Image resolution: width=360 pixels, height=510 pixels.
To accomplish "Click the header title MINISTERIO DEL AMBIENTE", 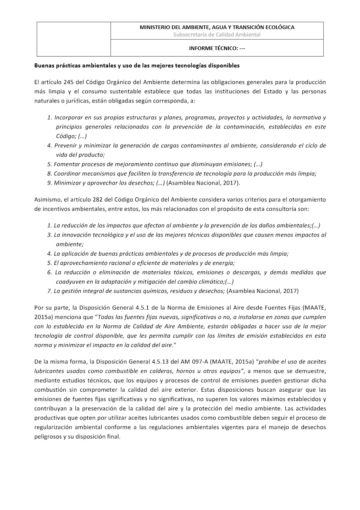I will tap(217, 27).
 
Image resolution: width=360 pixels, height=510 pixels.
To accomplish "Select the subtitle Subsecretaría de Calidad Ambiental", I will tap(217, 35).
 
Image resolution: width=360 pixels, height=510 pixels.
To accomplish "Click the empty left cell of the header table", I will tap(74, 39).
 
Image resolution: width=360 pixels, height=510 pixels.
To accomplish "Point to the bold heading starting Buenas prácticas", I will tap(137, 65).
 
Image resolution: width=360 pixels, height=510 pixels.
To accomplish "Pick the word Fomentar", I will tap(67, 164).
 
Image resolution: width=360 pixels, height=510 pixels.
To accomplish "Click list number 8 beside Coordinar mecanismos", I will tap(50, 173).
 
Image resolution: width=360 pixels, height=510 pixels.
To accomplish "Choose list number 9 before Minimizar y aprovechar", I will tap(50, 183).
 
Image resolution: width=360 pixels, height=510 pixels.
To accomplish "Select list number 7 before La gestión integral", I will tap(50, 291).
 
